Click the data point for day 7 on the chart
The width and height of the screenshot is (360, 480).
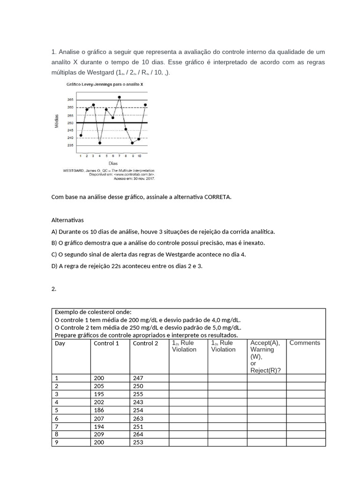120,97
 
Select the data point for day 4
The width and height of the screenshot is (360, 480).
100,143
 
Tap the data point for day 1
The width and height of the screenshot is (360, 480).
81,135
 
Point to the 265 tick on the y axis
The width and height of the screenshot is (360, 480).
70,100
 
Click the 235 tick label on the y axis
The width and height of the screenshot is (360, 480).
70,145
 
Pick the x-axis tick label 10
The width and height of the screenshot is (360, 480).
139,155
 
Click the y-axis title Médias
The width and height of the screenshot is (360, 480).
57,122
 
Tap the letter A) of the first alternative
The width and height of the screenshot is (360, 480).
54,232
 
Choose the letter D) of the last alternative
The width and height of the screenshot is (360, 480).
54,266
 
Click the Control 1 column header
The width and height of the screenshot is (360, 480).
106,343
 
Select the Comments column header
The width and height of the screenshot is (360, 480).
305,343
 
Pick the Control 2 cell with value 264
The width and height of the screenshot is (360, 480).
138,434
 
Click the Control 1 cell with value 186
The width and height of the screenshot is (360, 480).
99,410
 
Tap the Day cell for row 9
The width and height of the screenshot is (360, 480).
57,442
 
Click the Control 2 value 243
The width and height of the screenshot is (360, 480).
138,402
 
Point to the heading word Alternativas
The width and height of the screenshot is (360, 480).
67,220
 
